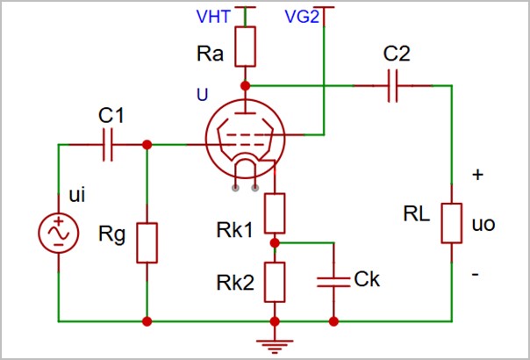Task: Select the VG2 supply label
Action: (302, 17)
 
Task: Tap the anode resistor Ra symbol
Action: (246, 47)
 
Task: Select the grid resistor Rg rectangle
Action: (147, 243)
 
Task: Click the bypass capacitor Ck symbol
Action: (334, 280)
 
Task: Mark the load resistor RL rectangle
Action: (451, 223)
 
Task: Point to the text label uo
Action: (483, 224)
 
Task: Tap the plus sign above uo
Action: (477, 175)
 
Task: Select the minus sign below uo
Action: (475, 275)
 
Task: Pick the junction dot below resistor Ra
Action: (246, 86)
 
